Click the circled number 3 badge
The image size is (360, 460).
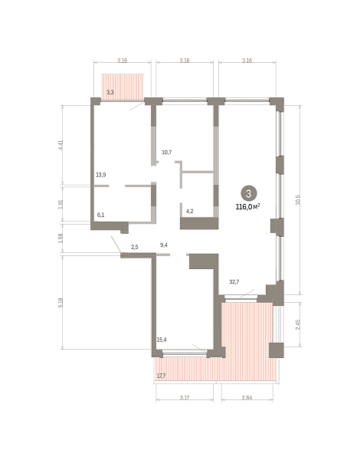[x=249, y=193]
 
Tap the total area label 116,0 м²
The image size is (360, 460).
[x=248, y=207]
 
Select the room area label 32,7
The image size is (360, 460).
[x=234, y=282]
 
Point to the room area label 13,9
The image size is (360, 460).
[x=101, y=175]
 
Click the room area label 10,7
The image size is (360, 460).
[x=167, y=153]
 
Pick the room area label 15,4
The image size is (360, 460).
[x=162, y=340]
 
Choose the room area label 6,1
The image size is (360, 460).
[x=100, y=215]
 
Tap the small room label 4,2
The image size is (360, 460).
[x=190, y=211]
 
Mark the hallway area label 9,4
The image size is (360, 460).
[x=164, y=245]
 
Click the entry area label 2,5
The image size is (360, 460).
[x=135, y=247]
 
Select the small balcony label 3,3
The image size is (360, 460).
[x=110, y=92]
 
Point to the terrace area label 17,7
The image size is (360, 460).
[x=162, y=376]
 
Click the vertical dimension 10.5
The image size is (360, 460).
[x=298, y=200]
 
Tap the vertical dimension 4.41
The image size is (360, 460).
[x=61, y=145]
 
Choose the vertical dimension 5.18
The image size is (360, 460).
[x=61, y=303]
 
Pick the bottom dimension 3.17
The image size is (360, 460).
[x=185, y=397]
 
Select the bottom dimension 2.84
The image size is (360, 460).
[x=247, y=397]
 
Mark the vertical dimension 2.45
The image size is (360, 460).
[x=298, y=324]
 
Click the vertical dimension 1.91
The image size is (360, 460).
[x=61, y=204]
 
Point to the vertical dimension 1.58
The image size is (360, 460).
[x=61, y=238]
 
